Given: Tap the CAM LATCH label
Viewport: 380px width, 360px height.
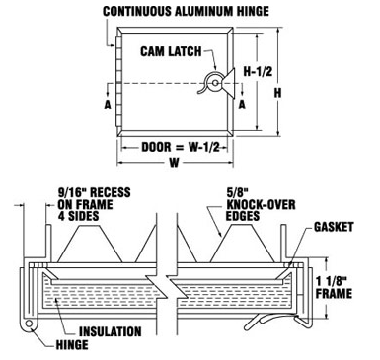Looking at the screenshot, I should coord(169,52).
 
